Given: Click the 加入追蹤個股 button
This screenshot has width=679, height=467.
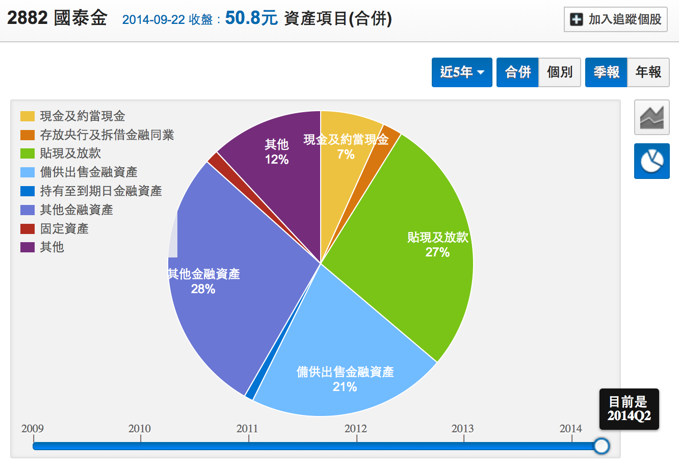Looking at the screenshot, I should point(615,19).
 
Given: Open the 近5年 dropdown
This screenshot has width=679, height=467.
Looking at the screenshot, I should point(462,72).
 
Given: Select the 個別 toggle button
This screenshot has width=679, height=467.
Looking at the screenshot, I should point(559,72).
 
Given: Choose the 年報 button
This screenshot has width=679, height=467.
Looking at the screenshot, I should point(648,72).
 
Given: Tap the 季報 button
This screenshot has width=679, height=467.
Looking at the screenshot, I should point(606,72).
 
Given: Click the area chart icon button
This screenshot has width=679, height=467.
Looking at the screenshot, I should point(651,117).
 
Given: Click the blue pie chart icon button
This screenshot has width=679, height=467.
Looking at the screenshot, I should point(651,161).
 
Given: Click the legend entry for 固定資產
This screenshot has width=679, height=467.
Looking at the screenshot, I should point(64,228).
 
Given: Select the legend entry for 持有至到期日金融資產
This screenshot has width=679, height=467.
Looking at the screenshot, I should point(100,191).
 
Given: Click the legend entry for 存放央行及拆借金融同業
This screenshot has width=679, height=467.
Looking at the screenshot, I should point(107,135).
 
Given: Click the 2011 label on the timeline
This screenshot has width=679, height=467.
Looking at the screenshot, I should point(247,429).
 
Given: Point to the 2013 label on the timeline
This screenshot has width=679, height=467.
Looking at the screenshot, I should point(462,429).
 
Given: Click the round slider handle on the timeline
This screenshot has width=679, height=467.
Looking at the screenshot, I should point(602,446).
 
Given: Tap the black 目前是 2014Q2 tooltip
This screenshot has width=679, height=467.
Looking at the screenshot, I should point(629,409).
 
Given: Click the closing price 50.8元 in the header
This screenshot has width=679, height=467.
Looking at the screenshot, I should point(251,18).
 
